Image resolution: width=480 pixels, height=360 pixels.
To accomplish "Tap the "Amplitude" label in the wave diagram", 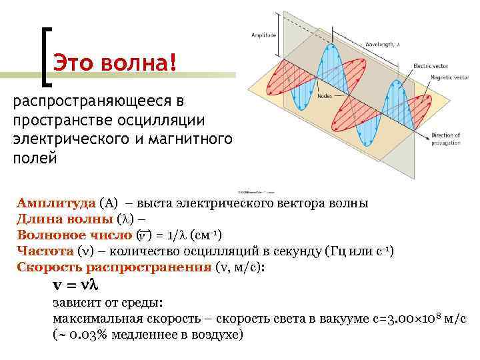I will (x=263, y=35).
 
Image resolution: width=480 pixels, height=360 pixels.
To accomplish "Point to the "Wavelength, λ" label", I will (x=382, y=45).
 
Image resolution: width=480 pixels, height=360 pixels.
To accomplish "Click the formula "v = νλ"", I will (x=75, y=285).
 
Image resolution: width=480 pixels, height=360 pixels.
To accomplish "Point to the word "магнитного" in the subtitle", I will (x=190, y=139).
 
